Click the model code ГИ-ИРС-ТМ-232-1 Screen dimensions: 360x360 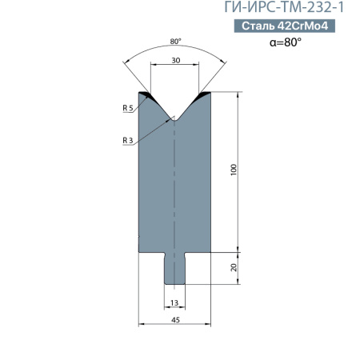[284, 7]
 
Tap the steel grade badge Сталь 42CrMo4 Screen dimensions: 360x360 [285, 26]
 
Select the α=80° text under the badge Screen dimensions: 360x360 [286, 42]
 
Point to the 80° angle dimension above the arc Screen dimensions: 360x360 [175, 42]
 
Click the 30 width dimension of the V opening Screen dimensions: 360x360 [176, 61]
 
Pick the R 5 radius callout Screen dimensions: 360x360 [128, 108]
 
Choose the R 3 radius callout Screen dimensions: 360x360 [128, 140]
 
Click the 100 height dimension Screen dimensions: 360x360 [234, 170]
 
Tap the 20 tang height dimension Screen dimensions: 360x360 [234, 267]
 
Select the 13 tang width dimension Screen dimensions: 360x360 [174, 303]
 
